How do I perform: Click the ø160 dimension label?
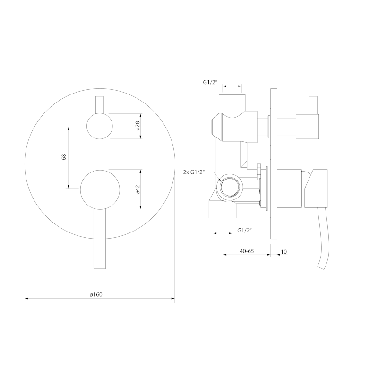(96, 294)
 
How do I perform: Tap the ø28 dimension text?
(138, 126)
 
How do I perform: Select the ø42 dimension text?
(138, 189)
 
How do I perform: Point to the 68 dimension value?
(64, 157)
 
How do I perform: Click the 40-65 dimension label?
(247, 251)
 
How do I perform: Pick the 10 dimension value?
(284, 252)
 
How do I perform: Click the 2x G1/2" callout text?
(194, 172)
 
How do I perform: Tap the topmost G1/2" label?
(210, 82)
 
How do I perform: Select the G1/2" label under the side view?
(244, 230)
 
